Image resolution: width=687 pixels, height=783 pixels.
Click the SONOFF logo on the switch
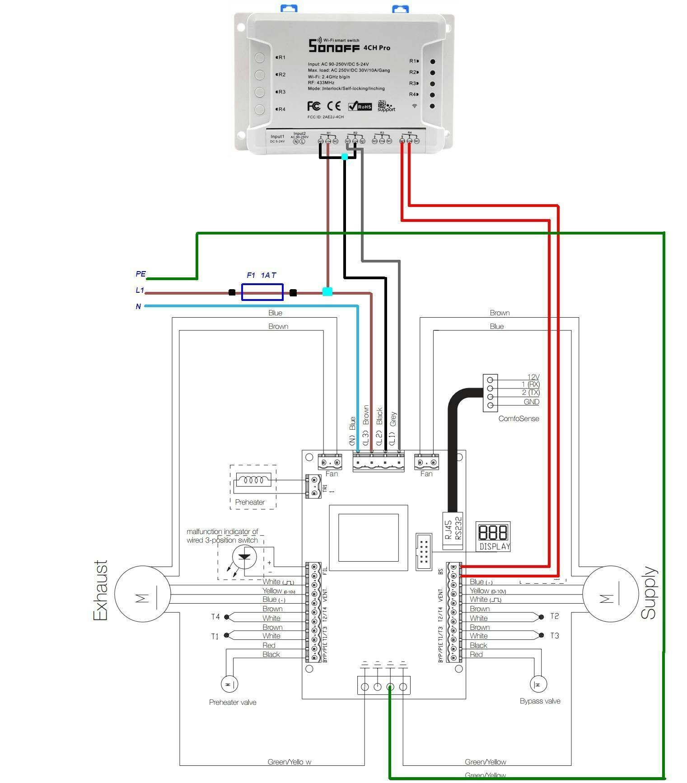pyautogui.click(x=334, y=46)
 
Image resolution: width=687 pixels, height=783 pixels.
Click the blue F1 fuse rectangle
pyautogui.click(x=262, y=292)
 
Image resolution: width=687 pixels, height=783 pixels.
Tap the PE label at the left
pyautogui.click(x=140, y=274)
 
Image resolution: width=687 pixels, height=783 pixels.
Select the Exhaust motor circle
pyautogui.click(x=142, y=594)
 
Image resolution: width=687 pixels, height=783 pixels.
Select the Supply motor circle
pyautogui.click(x=610, y=594)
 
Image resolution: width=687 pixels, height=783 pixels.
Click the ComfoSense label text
pyautogui.click(x=519, y=418)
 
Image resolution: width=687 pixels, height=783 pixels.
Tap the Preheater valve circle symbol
pyautogui.click(x=229, y=685)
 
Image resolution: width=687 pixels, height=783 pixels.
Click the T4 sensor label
pyautogui.click(x=215, y=617)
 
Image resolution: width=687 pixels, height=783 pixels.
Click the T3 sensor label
pyautogui.click(x=554, y=636)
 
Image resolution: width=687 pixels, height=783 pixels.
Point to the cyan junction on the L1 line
pyautogui.click(x=327, y=292)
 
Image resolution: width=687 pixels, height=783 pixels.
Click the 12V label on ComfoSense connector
pyautogui.click(x=533, y=377)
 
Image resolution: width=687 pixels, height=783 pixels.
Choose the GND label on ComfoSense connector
pyautogui.click(x=531, y=402)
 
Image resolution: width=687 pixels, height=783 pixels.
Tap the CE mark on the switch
pyautogui.click(x=334, y=106)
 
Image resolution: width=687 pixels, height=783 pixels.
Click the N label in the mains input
pyautogui.click(x=138, y=306)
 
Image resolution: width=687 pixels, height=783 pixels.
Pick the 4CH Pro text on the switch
pyautogui.click(x=377, y=48)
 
